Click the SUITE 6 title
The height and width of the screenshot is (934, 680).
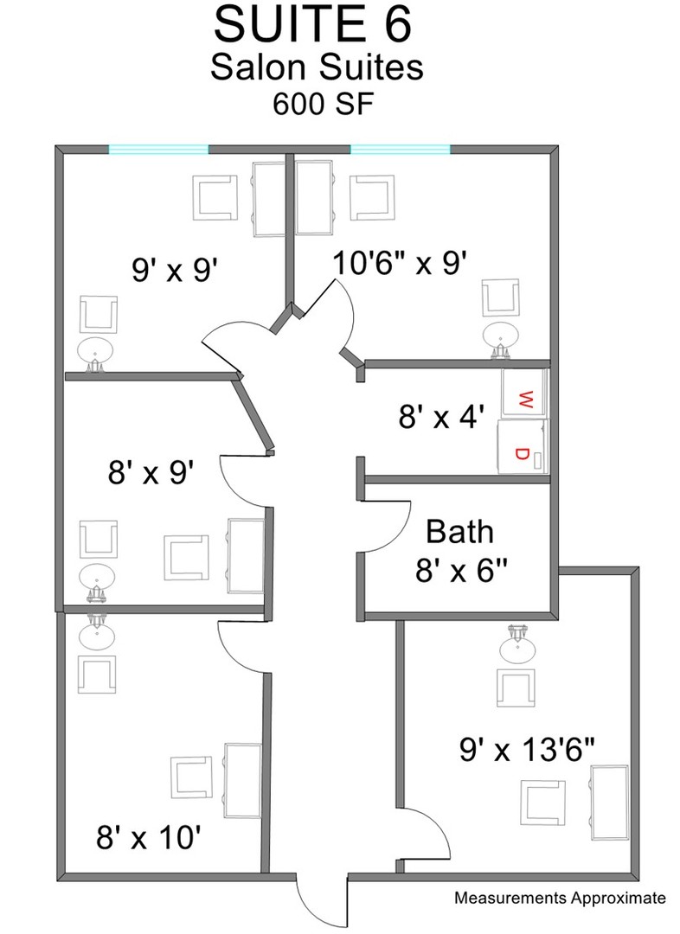[x=313, y=25]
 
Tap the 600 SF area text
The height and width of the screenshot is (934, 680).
[x=323, y=104]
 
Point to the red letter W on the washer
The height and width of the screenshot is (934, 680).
[x=526, y=399]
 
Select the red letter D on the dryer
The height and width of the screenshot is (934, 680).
[x=522, y=454]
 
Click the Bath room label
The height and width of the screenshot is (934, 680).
[x=459, y=531]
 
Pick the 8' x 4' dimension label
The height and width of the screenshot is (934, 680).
[x=440, y=416]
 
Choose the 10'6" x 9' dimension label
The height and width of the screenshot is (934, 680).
[x=399, y=263]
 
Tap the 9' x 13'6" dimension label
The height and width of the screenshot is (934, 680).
[x=527, y=749]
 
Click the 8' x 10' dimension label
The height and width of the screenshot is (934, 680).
[x=148, y=838]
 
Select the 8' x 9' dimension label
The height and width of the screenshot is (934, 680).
[x=151, y=474]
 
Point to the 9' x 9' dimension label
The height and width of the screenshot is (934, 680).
[x=173, y=271]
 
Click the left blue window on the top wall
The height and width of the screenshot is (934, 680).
[x=158, y=150]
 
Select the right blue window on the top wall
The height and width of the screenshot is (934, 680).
[x=400, y=150]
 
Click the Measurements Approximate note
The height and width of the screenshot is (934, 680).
[x=560, y=898]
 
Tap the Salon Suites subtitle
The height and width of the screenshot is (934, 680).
[x=317, y=67]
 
